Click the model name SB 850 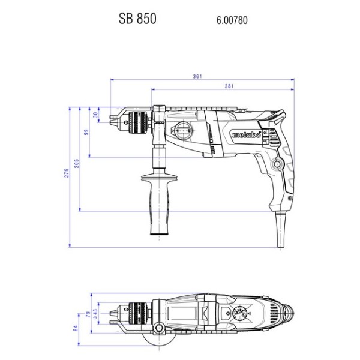(x=137, y=19)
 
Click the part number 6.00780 (x=232, y=20)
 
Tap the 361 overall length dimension (x=197, y=76)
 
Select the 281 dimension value (x=229, y=86)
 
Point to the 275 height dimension (x=67, y=173)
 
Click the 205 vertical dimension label (x=76, y=163)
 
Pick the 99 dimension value (x=86, y=132)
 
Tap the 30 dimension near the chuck (x=96, y=115)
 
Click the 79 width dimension (x=88, y=314)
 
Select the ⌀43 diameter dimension (x=95, y=314)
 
